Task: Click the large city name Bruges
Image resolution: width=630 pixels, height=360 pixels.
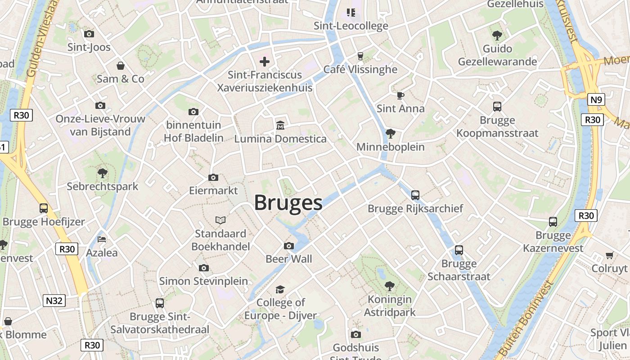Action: click(288, 203)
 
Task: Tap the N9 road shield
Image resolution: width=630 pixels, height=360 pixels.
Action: click(596, 99)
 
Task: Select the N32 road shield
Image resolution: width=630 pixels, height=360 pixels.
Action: click(54, 301)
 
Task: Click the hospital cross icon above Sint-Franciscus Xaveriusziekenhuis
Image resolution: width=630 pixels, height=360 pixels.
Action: click(265, 61)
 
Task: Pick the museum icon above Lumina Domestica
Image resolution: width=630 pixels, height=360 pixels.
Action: click(280, 125)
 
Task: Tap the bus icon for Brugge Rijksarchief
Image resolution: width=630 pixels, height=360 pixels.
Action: click(415, 195)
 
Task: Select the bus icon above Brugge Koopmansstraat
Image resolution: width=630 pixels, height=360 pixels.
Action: click(497, 107)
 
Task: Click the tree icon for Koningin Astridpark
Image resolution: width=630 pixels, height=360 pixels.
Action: click(390, 286)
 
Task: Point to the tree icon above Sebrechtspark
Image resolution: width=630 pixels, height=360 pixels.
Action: click(103, 173)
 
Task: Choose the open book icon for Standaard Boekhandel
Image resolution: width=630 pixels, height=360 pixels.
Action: click(220, 220)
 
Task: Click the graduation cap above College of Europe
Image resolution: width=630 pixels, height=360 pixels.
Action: click(280, 289)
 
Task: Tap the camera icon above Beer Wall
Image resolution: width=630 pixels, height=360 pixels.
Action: click(289, 246)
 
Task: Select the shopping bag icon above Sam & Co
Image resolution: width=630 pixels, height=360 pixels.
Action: click(121, 66)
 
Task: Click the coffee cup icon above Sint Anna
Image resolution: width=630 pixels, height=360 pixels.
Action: click(400, 95)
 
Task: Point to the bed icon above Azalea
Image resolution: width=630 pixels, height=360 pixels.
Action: click(102, 239)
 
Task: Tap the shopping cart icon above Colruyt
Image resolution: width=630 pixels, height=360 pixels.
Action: click(610, 256)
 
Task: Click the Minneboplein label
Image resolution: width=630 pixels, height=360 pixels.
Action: click(390, 147)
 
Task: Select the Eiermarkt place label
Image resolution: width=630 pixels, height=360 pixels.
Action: click(213, 190)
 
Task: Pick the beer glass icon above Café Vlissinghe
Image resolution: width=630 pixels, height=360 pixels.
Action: click(360, 56)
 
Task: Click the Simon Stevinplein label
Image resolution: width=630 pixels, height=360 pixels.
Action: click(203, 281)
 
